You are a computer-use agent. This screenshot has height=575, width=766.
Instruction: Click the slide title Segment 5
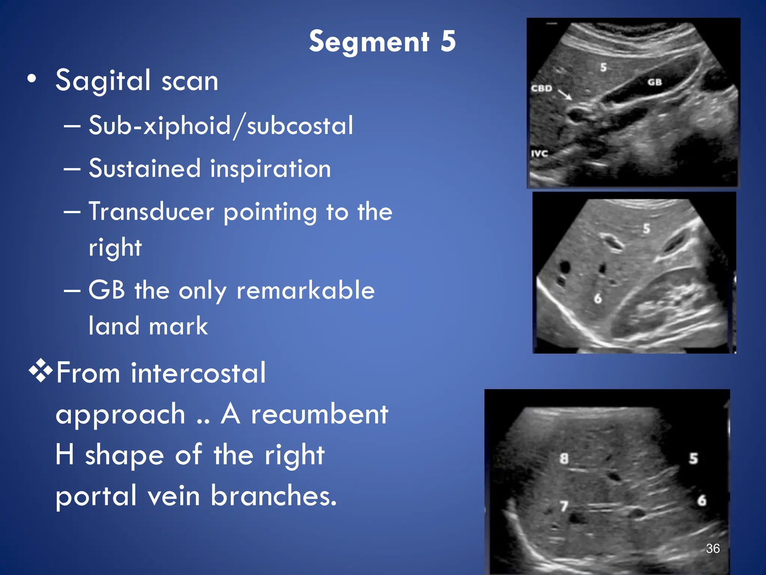click(382, 42)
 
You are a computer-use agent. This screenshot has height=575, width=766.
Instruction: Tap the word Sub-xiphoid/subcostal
click(221, 126)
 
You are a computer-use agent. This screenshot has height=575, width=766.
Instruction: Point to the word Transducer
click(151, 212)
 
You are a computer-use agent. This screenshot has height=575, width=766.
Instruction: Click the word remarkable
click(306, 290)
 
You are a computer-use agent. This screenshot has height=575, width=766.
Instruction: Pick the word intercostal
click(198, 373)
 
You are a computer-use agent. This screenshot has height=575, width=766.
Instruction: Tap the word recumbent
click(320, 414)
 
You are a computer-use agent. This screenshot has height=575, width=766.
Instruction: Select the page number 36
click(713, 548)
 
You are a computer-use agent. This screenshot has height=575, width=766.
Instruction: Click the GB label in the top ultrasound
click(655, 82)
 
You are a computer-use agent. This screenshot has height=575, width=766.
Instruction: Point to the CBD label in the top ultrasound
click(542, 89)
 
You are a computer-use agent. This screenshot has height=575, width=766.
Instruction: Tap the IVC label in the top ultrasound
click(539, 153)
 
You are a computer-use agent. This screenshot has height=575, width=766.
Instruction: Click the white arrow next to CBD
click(565, 94)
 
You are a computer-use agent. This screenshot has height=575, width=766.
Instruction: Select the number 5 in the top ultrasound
click(603, 67)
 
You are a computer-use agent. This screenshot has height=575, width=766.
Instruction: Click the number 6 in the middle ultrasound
click(598, 298)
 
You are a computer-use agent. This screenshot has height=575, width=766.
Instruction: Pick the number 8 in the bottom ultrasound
click(564, 459)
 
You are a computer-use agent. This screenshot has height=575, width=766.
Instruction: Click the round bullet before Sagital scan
click(32, 79)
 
